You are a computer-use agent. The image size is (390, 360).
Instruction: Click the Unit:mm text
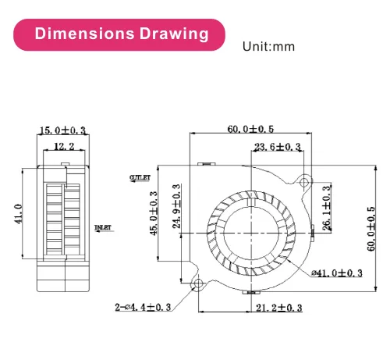click(269, 47)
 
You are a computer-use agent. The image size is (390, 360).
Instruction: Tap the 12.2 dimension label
click(64, 146)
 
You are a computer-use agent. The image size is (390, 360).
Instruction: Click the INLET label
click(103, 227)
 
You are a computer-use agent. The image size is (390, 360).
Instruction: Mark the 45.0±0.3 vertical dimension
click(154, 213)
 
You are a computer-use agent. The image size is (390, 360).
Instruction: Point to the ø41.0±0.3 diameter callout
click(337, 273)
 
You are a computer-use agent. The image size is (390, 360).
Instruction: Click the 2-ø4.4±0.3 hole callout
click(143, 308)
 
